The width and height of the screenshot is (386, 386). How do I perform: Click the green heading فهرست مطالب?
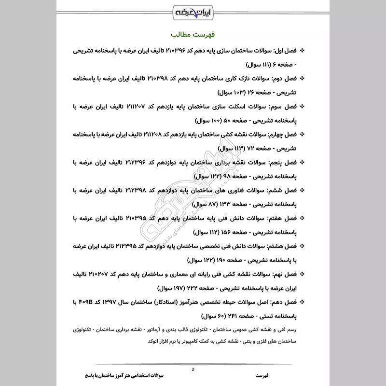(193, 36)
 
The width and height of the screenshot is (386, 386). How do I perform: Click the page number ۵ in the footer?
(193, 370)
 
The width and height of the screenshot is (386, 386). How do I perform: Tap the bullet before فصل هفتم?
(303, 219)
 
